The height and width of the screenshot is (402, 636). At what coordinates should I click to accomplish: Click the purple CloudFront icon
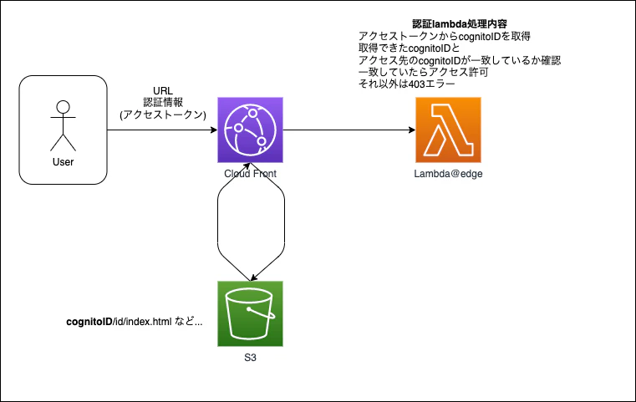coord(250,130)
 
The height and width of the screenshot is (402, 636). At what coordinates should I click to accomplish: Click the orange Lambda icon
coord(447,130)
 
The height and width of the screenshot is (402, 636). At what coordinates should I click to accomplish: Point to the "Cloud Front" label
coord(250,173)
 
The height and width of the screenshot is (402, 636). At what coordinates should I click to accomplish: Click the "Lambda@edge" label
coord(447,173)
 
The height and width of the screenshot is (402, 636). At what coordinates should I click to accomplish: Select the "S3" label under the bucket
coord(250,357)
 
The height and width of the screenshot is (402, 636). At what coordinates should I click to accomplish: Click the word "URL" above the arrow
coord(163,90)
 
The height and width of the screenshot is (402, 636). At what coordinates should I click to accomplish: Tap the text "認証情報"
coord(163,102)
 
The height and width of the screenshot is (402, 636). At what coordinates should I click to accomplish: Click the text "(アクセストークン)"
coord(163,114)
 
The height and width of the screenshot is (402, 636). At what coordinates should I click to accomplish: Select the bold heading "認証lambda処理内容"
coord(448,24)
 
